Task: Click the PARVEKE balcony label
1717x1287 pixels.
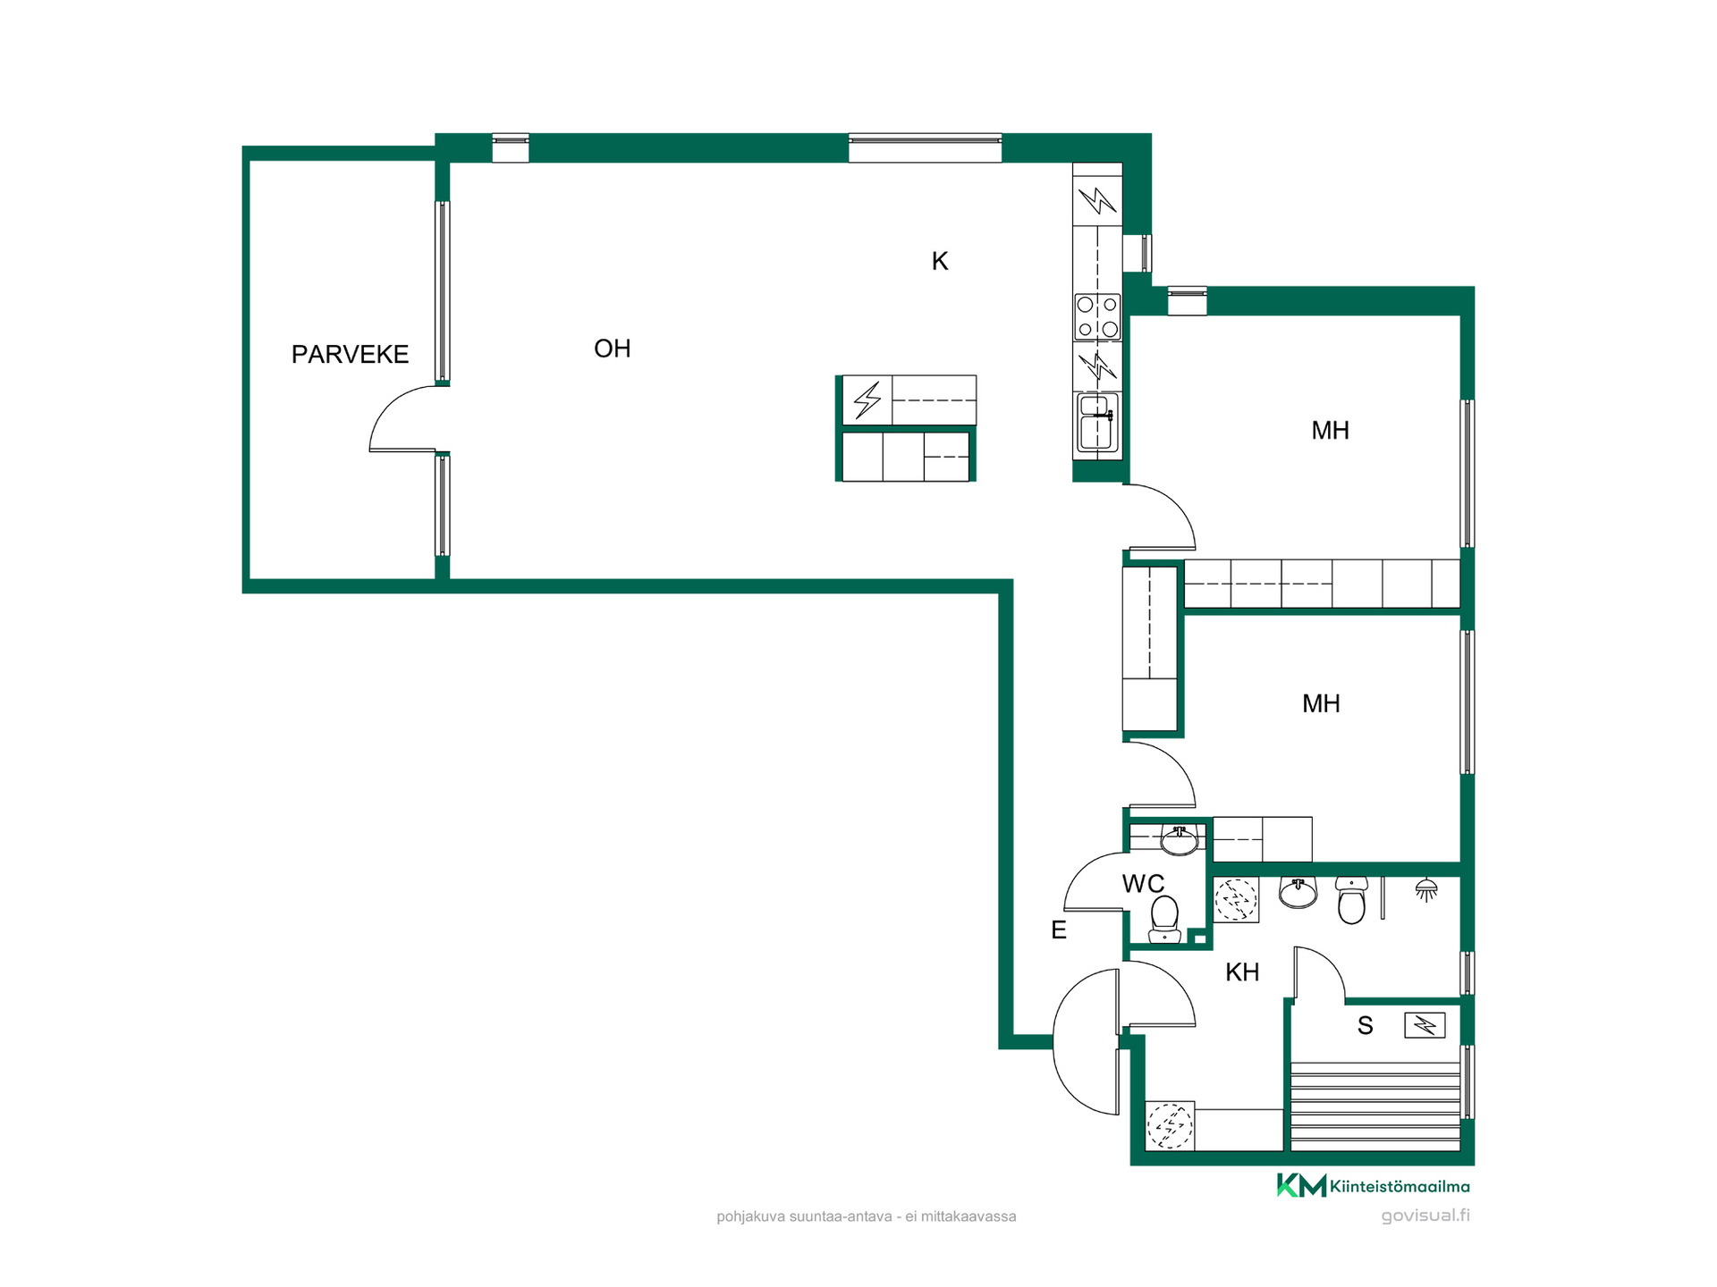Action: coord(350,355)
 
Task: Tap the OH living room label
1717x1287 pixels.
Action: coord(613,349)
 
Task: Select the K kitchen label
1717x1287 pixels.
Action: coord(940,261)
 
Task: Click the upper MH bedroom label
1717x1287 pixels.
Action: coord(1330,431)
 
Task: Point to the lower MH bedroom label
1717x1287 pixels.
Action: coord(1321,704)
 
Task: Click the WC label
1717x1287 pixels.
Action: coord(1143,884)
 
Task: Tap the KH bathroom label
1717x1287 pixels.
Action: coord(1242,972)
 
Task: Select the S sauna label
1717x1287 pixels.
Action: coord(1365,1026)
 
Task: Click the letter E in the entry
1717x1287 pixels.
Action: coord(1059,930)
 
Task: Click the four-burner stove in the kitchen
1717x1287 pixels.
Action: coord(1097,317)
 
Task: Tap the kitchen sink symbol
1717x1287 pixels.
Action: coord(1096,424)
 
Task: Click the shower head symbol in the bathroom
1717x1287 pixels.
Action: coord(1426,889)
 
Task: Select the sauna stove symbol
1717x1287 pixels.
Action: coord(1425,1024)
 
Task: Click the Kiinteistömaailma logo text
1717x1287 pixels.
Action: coord(1400,1187)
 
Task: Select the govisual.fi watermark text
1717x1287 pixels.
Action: coord(1425,1215)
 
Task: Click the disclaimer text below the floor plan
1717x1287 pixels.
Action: coord(866,1216)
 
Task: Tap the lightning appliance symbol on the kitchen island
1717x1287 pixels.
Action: coord(867,400)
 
